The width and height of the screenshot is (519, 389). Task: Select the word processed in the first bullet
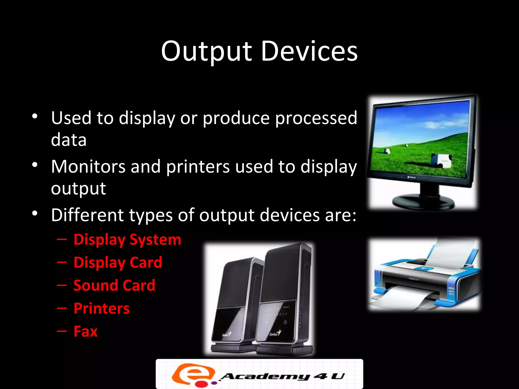coord(316,118)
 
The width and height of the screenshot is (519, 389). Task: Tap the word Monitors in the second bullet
coord(88,167)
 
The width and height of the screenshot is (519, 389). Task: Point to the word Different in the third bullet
coord(87,215)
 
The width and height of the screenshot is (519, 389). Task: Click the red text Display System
coord(127,240)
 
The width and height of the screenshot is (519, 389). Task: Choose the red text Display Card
coord(118,262)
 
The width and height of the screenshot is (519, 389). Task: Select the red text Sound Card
coord(114,285)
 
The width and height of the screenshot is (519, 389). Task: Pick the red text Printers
coord(102,308)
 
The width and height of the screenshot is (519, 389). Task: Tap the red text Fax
coord(85,332)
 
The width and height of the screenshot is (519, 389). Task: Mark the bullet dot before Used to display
coord(35,116)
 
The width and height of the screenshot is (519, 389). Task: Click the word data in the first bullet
coord(69,140)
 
